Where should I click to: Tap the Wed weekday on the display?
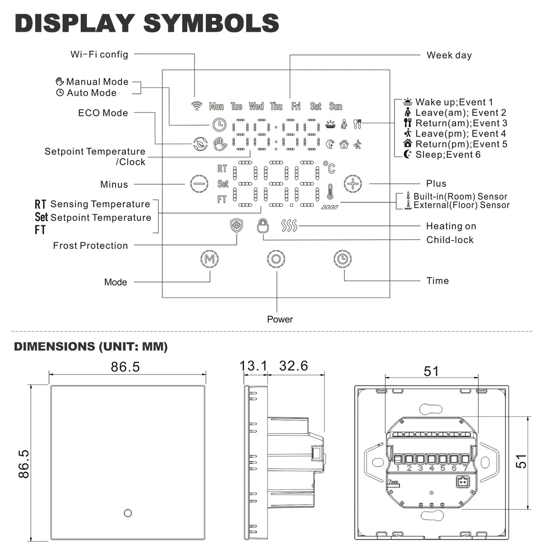click(x=256, y=106)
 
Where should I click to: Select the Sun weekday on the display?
click(x=335, y=106)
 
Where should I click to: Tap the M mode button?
click(x=209, y=259)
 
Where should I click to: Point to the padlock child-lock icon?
click(x=262, y=225)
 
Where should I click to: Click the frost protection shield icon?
click(x=237, y=226)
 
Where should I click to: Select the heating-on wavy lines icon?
click(x=289, y=225)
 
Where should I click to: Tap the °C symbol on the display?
click(x=329, y=168)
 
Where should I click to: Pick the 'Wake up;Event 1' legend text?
click(x=454, y=102)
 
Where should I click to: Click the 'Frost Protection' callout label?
click(x=90, y=246)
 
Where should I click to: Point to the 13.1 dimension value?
click(x=254, y=366)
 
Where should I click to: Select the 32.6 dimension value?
click(x=293, y=366)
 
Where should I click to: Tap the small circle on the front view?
click(x=127, y=513)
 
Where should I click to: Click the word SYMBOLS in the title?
click(x=211, y=23)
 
